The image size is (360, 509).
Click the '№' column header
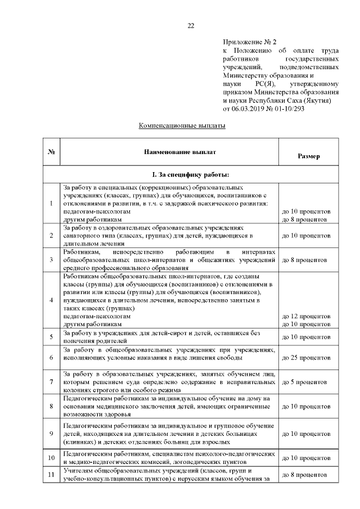click(51, 152)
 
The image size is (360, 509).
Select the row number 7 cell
click(51, 382)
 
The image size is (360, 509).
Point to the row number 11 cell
click(51, 475)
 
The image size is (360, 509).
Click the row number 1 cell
click(51, 203)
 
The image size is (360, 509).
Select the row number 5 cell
click(51, 337)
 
